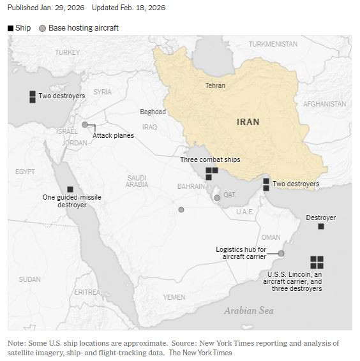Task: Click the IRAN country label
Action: (248, 122)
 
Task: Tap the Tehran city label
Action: (214, 85)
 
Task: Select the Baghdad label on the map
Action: (153, 112)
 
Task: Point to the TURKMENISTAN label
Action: (273, 44)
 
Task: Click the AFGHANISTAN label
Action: (324, 104)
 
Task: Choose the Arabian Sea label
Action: (248, 311)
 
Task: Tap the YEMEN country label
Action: (174, 297)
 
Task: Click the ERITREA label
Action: (87, 292)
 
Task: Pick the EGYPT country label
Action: (25, 172)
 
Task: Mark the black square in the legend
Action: (11, 28)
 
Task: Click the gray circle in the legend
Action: (43, 28)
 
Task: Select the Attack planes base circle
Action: (85, 124)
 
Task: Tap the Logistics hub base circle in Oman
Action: (281, 253)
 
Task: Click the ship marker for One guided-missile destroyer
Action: (70, 189)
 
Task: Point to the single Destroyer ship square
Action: (321, 226)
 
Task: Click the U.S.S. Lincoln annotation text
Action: (294, 281)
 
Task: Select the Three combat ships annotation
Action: (210, 159)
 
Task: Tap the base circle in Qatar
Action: (217, 198)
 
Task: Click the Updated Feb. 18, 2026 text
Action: (128, 8)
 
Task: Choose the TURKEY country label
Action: (68, 52)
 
